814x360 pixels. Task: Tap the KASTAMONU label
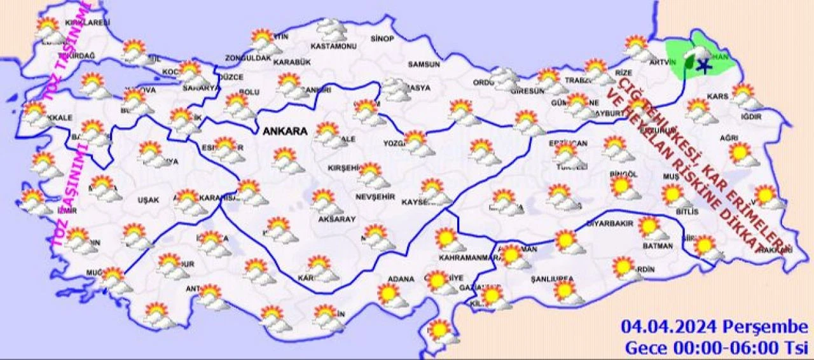coord(329,46)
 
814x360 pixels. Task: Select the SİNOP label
coord(382,39)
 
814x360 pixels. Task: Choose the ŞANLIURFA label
coord(552,279)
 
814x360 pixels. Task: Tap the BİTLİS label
coord(687,211)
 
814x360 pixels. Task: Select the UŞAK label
coord(148,200)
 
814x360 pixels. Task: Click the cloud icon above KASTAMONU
coord(331,28)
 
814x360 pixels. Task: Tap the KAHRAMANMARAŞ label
coord(467,258)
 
